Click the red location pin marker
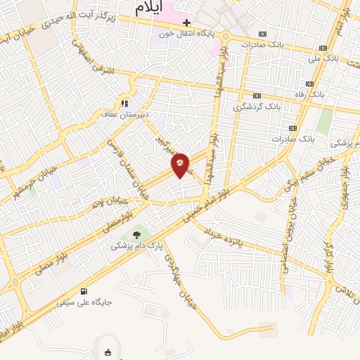pyautogui.click(x=181, y=165)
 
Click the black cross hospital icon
pyautogui.click(x=186, y=23)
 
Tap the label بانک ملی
pyautogui.click(x=323, y=58)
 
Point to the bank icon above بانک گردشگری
pyautogui.click(x=257, y=96)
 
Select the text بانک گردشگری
pyautogui.click(x=257, y=107)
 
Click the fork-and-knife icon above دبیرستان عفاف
pyautogui.click(x=124, y=103)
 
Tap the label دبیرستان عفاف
pyautogui.click(x=124, y=114)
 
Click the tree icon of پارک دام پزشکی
pyautogui.click(x=136, y=236)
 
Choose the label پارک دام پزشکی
pyautogui.click(x=136, y=247)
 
